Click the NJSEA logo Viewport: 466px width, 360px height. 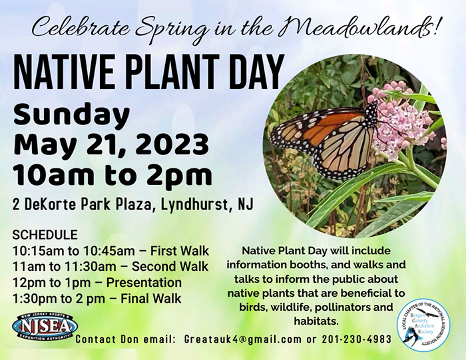tap(45, 327)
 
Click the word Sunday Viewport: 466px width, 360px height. tap(72, 115)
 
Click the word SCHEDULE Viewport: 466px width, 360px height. tap(45, 235)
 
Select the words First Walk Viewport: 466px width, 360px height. tap(180, 251)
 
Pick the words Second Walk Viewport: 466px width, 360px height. tap(170, 266)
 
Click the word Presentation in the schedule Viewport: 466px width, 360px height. tap(144, 282)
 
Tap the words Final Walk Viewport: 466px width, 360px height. tap(151, 299)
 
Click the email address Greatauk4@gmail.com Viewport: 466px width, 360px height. tap(242, 339)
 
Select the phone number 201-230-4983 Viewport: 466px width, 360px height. tap(357, 339)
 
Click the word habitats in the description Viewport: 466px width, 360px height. tap(316, 321)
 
